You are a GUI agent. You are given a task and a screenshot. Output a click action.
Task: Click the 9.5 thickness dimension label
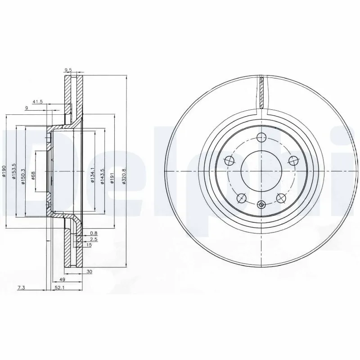point(68,70)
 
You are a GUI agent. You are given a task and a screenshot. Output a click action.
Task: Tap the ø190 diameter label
point(4,171)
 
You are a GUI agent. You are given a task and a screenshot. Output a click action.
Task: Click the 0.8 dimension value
point(93,233)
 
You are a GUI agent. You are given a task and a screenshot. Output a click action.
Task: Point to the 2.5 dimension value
point(93,239)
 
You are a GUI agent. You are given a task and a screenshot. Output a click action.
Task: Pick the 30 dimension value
point(90,271)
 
